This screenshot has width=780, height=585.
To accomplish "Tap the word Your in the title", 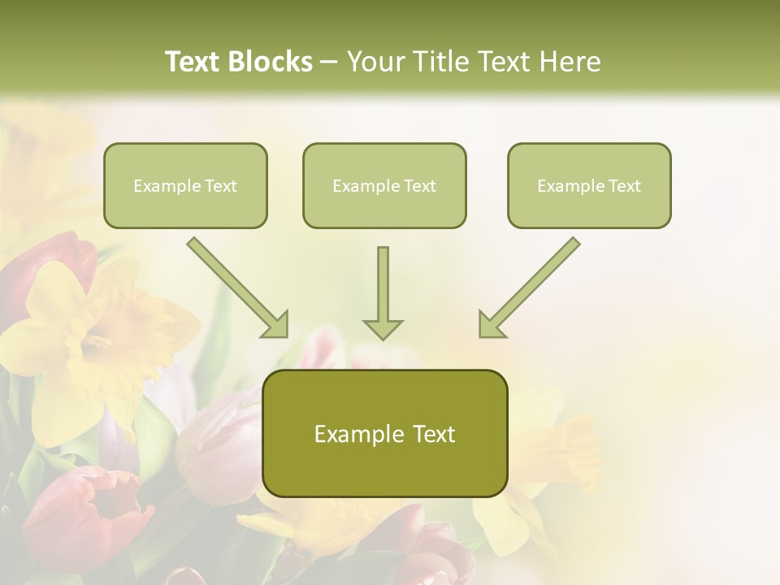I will (376, 62).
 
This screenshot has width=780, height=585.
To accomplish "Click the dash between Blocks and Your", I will (329, 63).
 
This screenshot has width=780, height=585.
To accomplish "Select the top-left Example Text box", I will (185, 185).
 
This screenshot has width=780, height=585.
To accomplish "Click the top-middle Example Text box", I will (384, 185).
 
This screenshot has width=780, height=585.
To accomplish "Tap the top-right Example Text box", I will (589, 185).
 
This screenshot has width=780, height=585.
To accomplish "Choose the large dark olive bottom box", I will (384, 433).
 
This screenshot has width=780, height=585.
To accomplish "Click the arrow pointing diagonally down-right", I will (236, 286).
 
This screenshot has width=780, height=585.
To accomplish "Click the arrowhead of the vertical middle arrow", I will (383, 328).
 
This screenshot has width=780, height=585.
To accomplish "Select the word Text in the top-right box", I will (624, 185).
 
